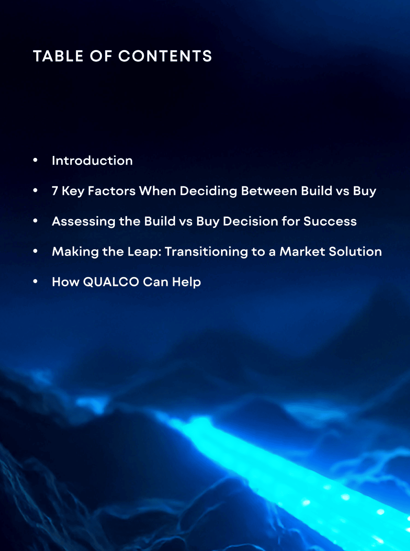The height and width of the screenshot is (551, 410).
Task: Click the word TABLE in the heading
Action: (58, 56)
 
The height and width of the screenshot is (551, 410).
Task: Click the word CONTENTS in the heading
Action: (165, 56)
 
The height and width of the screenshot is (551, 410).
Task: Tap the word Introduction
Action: (92, 161)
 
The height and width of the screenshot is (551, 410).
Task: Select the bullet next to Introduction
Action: (36, 160)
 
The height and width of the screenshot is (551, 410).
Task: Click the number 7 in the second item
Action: (55, 191)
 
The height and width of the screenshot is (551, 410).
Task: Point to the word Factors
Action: (112, 191)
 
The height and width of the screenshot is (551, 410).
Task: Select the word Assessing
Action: (84, 222)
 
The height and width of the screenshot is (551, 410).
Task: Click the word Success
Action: (330, 222)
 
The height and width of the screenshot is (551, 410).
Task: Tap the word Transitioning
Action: (206, 252)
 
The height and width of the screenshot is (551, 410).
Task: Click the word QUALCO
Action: (111, 282)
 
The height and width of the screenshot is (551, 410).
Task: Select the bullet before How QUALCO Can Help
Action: (36, 281)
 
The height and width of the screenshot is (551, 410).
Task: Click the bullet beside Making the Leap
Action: (36, 251)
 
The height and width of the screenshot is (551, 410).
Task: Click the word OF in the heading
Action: (101, 56)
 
